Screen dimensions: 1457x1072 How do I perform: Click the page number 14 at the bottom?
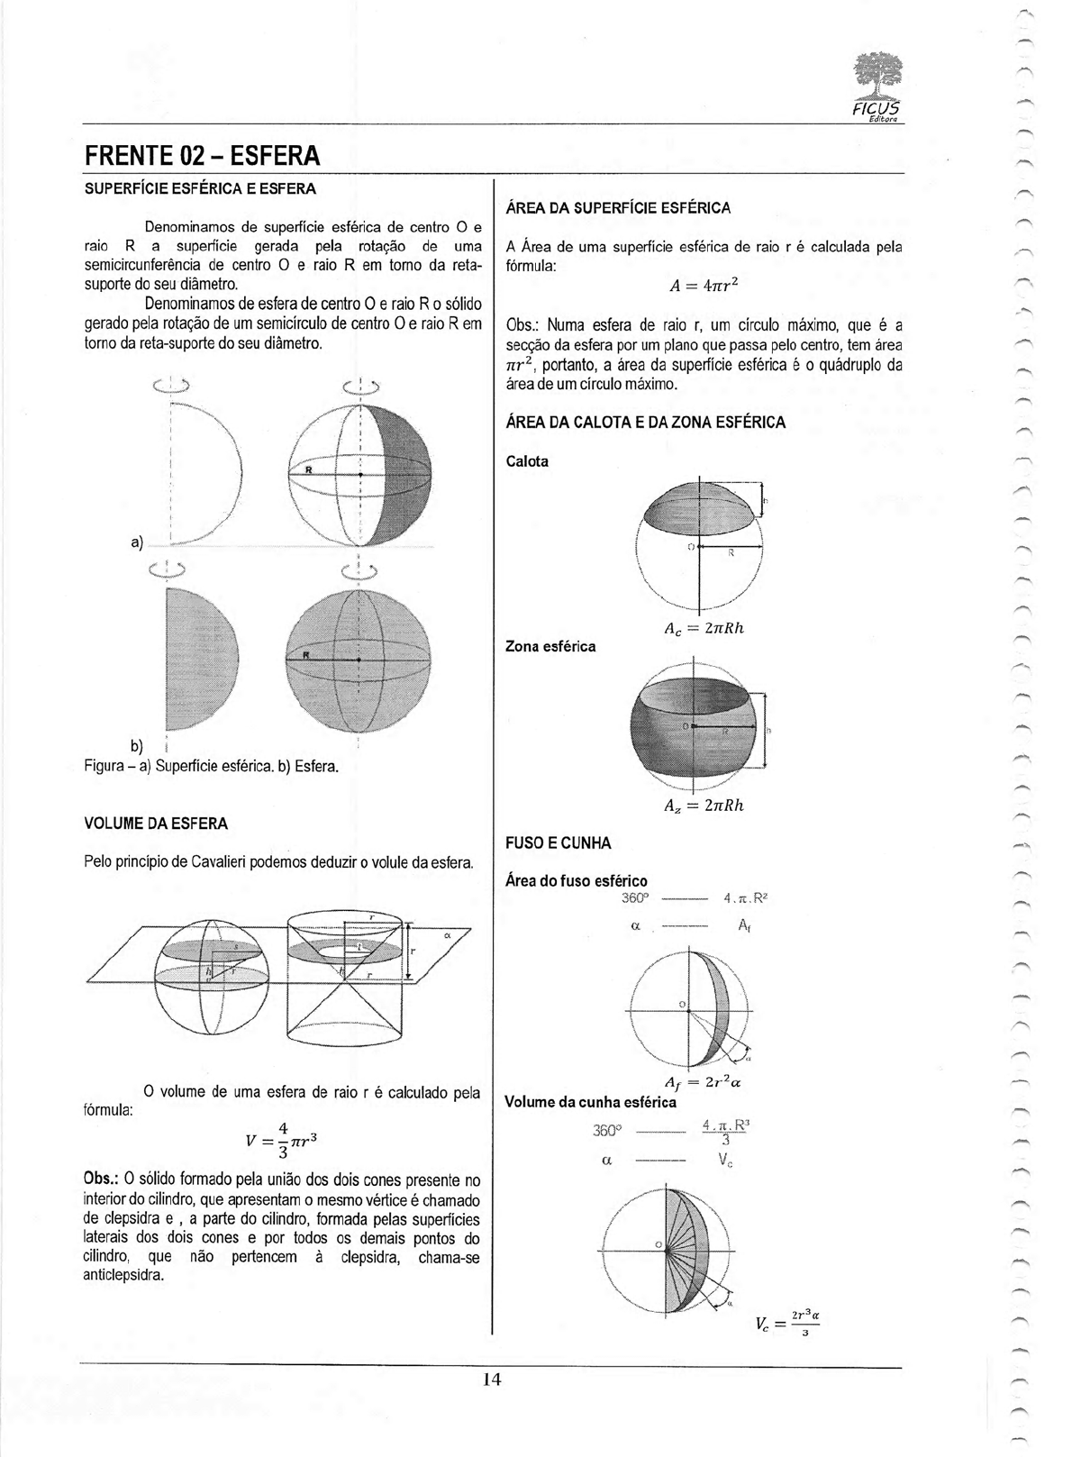(x=491, y=1380)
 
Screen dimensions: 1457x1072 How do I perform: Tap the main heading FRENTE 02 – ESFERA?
(x=202, y=156)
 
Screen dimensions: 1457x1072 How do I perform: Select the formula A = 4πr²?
(x=704, y=286)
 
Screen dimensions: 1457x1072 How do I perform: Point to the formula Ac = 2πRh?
(x=704, y=629)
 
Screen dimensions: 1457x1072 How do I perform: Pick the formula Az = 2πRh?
(x=704, y=806)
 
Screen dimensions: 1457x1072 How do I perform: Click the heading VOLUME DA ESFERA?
(x=155, y=824)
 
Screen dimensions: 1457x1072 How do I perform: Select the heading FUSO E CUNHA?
(x=558, y=843)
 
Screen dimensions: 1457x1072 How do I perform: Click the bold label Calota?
(x=527, y=461)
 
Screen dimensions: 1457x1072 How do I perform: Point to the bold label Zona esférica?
(x=550, y=646)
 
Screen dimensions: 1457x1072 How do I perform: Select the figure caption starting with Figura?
(x=211, y=767)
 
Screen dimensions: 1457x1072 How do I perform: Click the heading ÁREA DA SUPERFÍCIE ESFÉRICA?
(x=618, y=208)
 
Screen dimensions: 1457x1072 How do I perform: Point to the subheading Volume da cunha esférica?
(x=590, y=1101)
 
